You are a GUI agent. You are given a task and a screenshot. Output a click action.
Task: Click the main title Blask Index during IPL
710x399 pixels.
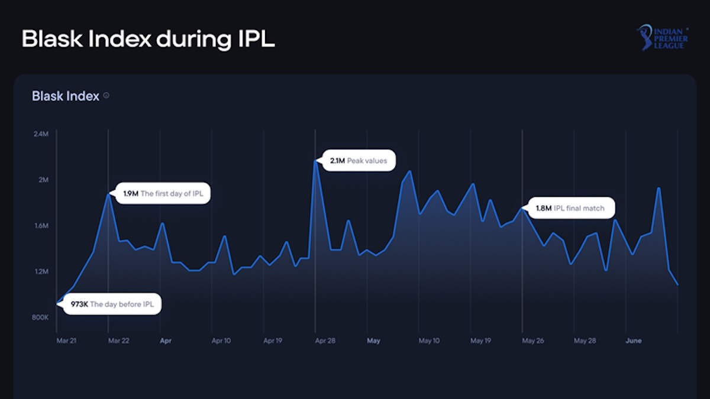pos(148,39)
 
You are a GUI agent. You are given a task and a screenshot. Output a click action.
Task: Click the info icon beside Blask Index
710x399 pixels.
pos(106,95)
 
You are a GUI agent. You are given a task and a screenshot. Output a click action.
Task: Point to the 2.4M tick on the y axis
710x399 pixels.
pos(41,134)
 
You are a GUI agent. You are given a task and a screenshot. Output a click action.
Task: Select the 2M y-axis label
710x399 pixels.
pos(43,180)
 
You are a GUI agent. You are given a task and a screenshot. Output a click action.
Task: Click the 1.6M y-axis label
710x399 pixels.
pos(41,226)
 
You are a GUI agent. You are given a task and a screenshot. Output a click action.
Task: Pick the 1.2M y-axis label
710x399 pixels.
pos(41,272)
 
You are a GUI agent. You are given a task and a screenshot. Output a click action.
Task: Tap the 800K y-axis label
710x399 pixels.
pos(40,318)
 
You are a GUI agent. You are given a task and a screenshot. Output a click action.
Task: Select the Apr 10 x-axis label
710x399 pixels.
pos(221,340)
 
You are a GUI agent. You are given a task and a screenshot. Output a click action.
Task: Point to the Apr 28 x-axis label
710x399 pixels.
pos(326,340)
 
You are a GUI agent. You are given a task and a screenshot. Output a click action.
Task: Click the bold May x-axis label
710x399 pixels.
pos(373,340)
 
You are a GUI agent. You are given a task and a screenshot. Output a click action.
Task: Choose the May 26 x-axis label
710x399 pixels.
pos(533,340)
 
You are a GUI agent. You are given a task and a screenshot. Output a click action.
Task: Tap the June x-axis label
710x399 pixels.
pos(634,340)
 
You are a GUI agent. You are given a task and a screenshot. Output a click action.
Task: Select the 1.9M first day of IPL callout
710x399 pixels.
pos(163,193)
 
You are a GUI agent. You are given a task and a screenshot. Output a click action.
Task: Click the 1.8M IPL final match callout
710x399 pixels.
pos(571,208)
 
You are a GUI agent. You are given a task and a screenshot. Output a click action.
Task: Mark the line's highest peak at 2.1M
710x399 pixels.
pos(315,160)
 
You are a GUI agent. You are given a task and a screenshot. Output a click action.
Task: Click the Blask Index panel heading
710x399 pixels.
pos(66,96)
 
